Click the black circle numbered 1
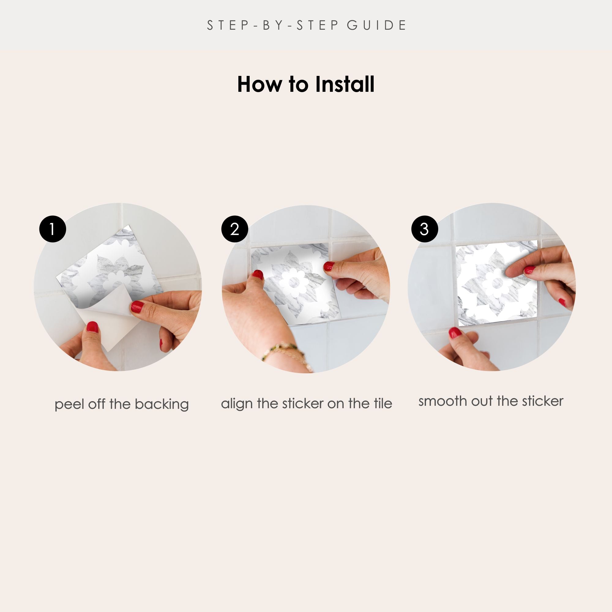pyautogui.click(x=53, y=229)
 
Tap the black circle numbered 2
pyautogui.click(x=234, y=229)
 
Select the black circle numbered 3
pyautogui.click(x=424, y=229)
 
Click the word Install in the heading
pyautogui.click(x=345, y=84)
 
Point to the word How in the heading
pyautogui.click(x=260, y=84)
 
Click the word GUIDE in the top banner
pyautogui.click(x=376, y=25)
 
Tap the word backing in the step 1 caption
pyautogui.click(x=162, y=405)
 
